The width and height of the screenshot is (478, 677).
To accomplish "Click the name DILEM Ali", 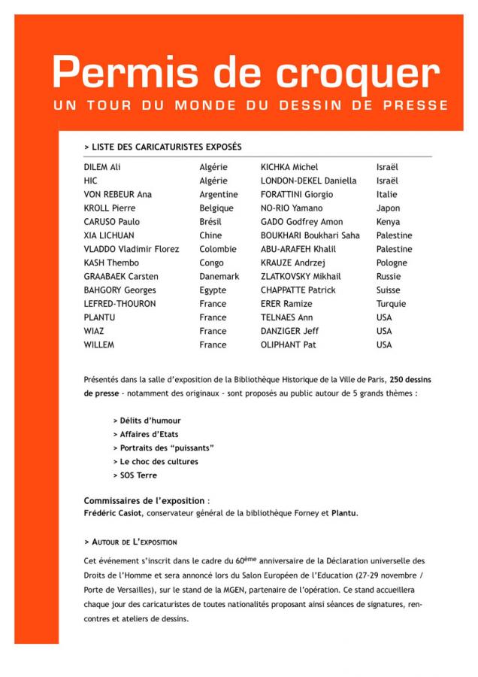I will coord(102,167).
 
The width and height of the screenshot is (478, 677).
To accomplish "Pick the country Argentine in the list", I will coord(218,194).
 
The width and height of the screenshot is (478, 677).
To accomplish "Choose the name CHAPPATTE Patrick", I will coord(298,290).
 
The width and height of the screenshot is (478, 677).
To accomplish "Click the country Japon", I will coord(388,208).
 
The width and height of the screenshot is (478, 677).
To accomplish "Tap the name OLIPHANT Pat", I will coord(289,345).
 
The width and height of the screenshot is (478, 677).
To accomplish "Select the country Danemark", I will coord(219,277).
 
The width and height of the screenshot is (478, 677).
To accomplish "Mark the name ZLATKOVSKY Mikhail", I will coord(300,277).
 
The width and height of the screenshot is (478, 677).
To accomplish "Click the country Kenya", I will coord(389,222).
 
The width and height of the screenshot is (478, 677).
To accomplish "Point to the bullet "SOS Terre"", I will coord(138,475).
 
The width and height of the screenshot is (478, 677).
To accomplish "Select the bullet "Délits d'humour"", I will coord(150,420).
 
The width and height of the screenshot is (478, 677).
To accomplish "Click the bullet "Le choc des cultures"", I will coord(159,462).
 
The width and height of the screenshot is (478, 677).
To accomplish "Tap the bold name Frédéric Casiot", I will coord(113,514).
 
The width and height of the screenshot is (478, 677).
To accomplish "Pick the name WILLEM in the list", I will coord(99,345).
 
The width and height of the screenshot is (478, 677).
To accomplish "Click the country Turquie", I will coord(391,304).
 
